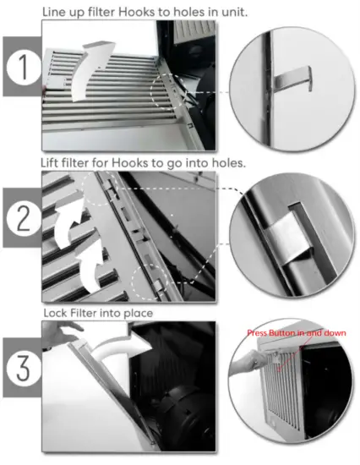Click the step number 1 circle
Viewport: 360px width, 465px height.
click(24, 68)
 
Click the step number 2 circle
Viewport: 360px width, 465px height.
click(24, 218)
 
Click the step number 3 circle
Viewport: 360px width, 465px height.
click(24, 369)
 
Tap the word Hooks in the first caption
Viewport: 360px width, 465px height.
click(136, 12)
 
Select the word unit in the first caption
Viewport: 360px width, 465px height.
click(235, 13)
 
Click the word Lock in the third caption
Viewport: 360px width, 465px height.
click(55, 313)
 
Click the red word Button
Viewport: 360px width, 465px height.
click(281, 333)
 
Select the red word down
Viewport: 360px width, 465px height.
click(335, 333)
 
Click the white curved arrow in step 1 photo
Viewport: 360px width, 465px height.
click(89, 71)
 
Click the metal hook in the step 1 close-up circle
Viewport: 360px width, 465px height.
click(293, 79)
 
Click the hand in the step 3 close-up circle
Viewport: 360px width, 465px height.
click(246, 362)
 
